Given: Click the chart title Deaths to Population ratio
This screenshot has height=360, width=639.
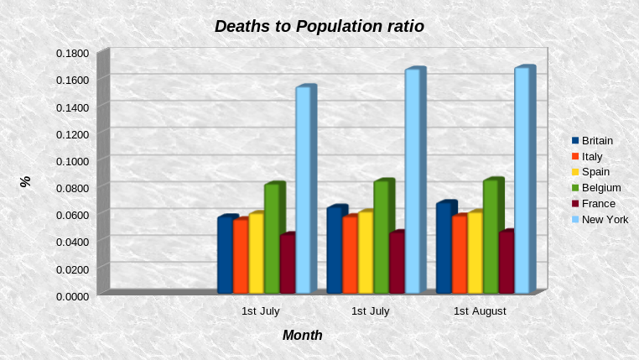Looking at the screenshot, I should click(319, 26).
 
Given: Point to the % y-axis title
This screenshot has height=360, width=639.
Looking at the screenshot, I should click(25, 180).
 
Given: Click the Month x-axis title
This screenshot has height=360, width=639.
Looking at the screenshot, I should click(302, 335).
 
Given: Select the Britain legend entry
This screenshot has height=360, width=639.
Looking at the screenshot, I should click(597, 141).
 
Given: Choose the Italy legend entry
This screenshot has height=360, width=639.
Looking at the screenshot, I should click(591, 156).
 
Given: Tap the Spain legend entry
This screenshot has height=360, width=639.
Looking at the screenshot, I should click(595, 172).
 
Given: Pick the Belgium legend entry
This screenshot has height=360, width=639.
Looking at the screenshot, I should click(600, 187).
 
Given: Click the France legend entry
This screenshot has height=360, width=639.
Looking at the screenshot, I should click(598, 203).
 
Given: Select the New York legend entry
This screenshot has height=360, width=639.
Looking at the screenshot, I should click(605, 219).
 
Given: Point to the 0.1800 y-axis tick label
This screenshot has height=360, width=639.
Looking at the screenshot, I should click(72, 53).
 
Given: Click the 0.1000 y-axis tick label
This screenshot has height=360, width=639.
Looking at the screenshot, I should click(72, 161).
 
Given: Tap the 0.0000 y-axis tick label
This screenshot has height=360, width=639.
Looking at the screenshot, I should click(72, 295).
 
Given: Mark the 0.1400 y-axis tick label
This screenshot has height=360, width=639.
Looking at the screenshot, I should click(72, 107).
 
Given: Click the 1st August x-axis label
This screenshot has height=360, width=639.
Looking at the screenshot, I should click(480, 311).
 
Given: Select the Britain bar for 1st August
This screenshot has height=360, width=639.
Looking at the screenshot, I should click(444, 248).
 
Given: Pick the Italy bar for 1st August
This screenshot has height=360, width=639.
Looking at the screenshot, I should click(459, 255).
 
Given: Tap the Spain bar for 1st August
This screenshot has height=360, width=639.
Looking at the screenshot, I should click(474, 253).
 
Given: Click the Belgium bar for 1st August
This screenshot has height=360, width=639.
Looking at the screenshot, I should click(490, 237).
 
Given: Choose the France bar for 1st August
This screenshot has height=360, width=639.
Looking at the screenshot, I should click(506, 263).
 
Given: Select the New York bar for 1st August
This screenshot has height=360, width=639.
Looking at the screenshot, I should click(522, 180).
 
